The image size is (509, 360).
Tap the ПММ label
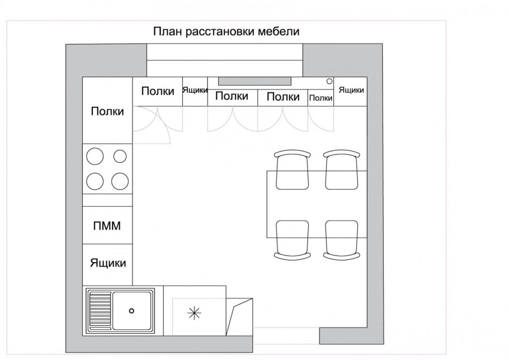coord(107,226)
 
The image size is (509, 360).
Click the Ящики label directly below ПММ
coord(107,263)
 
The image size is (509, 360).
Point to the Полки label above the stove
coord(107,111)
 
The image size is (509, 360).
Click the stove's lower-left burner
coord(96,181)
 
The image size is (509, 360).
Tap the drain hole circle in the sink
coord(132,310)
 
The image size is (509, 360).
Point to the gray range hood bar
coord(255,80)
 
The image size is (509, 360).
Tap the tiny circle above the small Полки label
coord(329,81)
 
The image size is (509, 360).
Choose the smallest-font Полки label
coord(321,98)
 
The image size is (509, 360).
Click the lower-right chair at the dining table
coord(341,239)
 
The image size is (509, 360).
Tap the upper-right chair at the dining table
coord(341,170)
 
